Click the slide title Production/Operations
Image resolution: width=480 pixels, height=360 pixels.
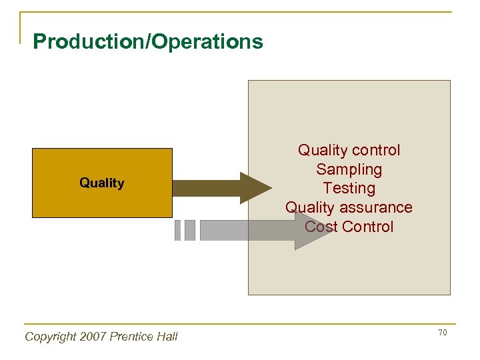[x=148, y=42]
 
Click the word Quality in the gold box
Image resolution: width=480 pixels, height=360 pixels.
[x=102, y=183]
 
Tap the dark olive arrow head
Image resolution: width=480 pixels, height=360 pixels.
[x=255, y=187]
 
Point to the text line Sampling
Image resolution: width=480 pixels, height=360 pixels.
[x=349, y=169]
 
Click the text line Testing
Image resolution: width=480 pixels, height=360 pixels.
[x=349, y=188]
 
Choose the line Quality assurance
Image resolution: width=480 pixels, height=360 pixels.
[x=349, y=207]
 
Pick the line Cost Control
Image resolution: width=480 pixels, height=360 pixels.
[x=349, y=227]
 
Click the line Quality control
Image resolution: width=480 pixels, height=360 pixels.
[x=349, y=151]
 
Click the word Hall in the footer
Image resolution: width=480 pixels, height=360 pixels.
[x=167, y=337]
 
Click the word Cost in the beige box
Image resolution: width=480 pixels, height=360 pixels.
[x=319, y=227]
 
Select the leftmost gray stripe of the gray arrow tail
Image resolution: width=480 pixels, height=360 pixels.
[x=178, y=231]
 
